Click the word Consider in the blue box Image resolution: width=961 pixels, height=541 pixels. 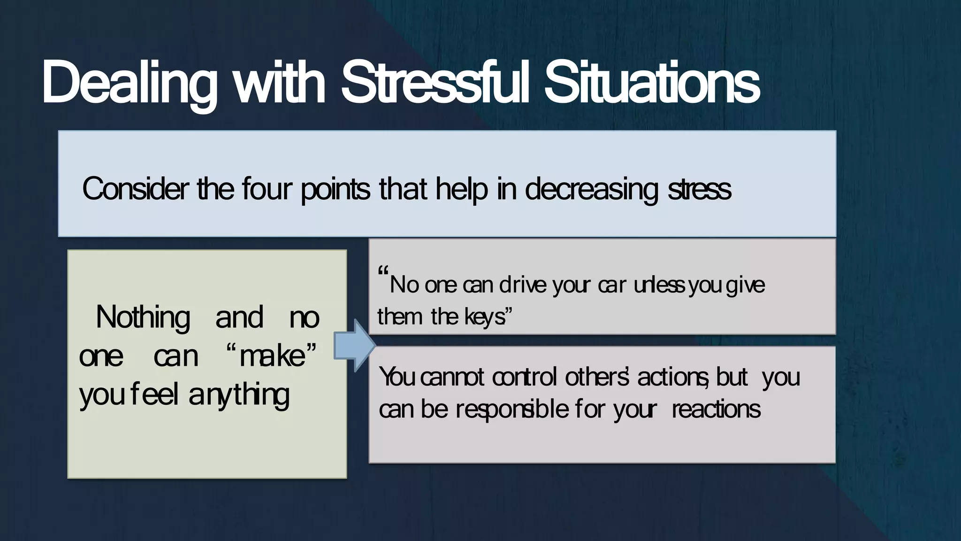click(x=136, y=189)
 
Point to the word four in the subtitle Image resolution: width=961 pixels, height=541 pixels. click(x=267, y=189)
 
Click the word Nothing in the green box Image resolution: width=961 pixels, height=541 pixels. click(x=143, y=317)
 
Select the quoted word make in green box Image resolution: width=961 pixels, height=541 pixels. click(x=272, y=356)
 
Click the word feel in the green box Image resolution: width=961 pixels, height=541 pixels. click(x=155, y=394)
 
